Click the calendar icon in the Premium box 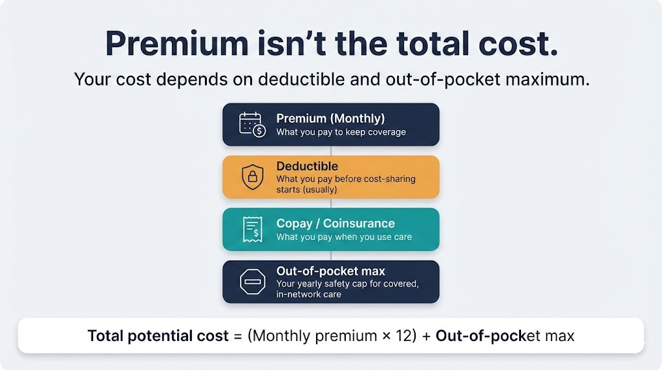[x=251, y=124]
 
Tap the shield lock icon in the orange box [x=251, y=177]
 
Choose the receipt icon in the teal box [x=251, y=229]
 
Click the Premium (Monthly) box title [x=330, y=118]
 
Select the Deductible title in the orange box [x=307, y=166]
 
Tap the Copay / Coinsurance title [x=336, y=223]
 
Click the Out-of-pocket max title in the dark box [x=330, y=271]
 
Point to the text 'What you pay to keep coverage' [x=341, y=132]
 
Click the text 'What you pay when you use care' [x=344, y=237]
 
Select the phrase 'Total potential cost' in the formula [x=158, y=336]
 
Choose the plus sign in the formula [x=426, y=336]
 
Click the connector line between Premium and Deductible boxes [x=331, y=151]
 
